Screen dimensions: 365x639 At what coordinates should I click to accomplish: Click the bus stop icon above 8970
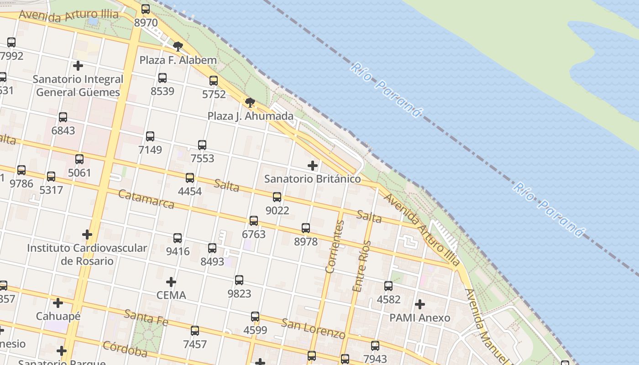(x=146, y=9)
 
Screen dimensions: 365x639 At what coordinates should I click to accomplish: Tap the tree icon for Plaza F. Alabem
(x=178, y=46)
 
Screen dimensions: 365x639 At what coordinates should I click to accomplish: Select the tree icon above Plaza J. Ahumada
(x=250, y=102)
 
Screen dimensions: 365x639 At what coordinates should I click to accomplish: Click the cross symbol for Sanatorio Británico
(x=313, y=165)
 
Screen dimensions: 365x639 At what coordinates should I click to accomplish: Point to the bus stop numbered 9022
(x=277, y=197)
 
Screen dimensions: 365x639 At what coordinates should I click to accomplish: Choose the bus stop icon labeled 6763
(x=254, y=221)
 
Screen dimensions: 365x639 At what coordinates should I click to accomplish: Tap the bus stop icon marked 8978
(x=306, y=228)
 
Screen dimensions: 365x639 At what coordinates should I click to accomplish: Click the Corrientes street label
(x=335, y=246)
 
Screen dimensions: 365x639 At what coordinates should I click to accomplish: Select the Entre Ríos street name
(x=362, y=266)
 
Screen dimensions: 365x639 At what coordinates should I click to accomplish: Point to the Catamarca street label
(x=146, y=199)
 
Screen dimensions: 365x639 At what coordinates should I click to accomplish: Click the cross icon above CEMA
(x=171, y=282)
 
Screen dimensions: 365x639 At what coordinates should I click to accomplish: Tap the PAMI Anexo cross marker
(x=420, y=304)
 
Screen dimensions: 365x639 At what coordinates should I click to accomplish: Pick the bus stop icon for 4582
(x=388, y=286)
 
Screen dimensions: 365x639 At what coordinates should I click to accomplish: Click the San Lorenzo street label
(x=313, y=328)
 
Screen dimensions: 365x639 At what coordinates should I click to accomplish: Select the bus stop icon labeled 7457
(x=195, y=331)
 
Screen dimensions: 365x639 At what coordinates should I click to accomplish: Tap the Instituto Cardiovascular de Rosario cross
(x=87, y=235)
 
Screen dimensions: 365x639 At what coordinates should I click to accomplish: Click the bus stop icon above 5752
(x=214, y=81)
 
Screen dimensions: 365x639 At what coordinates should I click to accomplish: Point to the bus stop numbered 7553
(x=202, y=145)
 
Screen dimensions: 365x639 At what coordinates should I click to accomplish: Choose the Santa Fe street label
(x=146, y=318)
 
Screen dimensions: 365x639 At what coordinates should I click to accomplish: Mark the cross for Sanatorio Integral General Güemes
(x=78, y=65)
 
